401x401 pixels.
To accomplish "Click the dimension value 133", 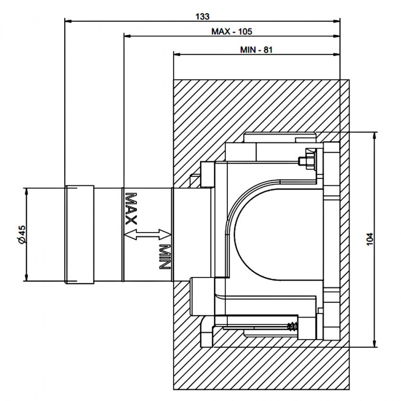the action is (202, 17).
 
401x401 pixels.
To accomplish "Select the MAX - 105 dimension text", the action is (232, 32).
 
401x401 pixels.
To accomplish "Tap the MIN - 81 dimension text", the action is (256, 50).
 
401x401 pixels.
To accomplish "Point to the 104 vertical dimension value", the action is (370, 239).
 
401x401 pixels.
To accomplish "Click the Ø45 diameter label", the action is (22, 234).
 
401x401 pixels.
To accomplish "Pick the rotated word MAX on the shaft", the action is (131, 209).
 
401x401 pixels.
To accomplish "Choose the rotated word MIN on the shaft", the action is (165, 257).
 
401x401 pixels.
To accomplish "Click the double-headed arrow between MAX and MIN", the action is (148, 234).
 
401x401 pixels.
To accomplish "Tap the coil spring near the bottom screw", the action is (293, 326).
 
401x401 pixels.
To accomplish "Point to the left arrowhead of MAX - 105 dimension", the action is (128, 36).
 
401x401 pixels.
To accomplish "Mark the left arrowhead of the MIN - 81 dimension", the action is (177, 54).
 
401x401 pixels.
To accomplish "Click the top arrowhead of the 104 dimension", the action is (375, 136).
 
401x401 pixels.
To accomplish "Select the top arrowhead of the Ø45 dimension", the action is (26, 192).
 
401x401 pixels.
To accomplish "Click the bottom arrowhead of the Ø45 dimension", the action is (26, 277).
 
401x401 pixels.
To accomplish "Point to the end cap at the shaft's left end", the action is (79, 234).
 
